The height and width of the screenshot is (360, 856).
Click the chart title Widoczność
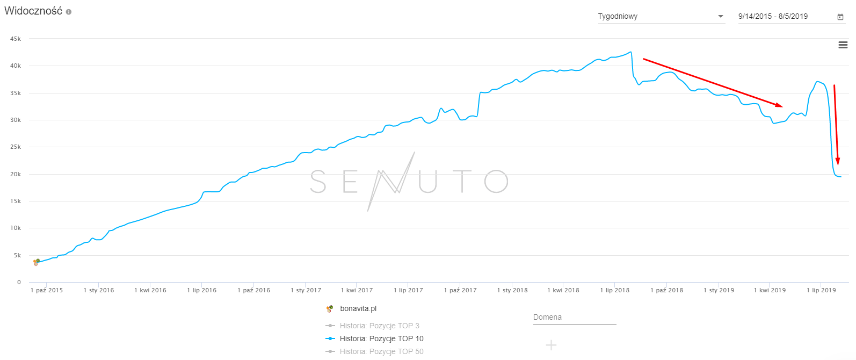coord(33,11)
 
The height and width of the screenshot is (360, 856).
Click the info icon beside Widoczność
coord(69,12)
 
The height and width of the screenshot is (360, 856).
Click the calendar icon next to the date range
coord(840,17)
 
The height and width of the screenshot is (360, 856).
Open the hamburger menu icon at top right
coord(843,45)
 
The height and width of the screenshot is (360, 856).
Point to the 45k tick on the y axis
coord(16,39)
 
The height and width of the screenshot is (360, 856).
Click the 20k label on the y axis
coord(16,174)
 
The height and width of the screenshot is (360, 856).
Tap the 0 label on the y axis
coord(19,282)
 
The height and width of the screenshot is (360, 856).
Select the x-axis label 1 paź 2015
coord(47,290)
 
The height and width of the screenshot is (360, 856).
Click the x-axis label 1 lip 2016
coord(202,290)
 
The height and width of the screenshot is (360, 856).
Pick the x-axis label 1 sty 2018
coord(512,290)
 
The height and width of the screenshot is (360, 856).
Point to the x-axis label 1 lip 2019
coord(821,290)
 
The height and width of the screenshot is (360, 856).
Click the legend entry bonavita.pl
coord(358,309)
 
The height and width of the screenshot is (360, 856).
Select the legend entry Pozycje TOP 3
coord(379,326)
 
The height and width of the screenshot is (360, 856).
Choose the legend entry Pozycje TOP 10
coord(381,339)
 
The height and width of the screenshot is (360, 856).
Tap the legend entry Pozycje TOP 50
coord(381,351)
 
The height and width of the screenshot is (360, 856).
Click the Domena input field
coord(574,318)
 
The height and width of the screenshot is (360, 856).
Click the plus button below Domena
coord(551,345)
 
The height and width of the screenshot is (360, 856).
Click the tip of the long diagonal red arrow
coord(782,106)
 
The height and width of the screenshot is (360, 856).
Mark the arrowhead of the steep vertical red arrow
coord(838,164)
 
